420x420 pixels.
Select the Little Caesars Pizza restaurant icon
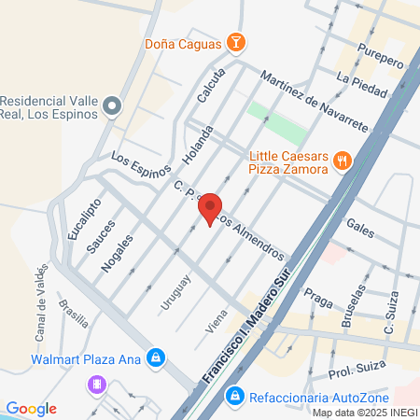[343, 161]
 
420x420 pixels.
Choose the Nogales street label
[111, 252]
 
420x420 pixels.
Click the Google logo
[31, 409]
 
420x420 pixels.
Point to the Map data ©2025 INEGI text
[364, 413]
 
